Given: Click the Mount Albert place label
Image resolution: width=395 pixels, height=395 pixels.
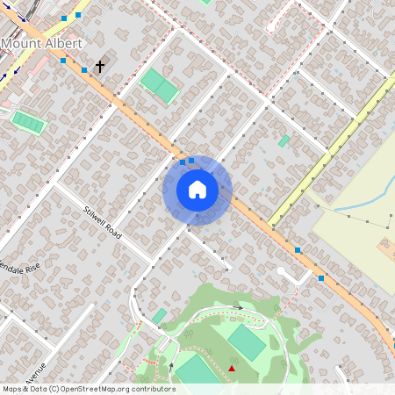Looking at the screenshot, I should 42,43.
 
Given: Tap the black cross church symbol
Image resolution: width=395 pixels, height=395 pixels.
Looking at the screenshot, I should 99,66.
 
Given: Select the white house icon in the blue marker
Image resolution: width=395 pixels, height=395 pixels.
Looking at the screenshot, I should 197,190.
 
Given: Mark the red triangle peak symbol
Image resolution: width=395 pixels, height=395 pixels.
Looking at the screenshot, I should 232,368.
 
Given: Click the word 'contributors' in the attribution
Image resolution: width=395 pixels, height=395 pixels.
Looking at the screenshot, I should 152,389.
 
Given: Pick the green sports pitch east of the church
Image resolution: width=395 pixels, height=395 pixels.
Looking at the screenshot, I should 160,86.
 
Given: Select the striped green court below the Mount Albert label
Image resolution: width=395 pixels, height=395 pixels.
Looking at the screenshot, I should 28,122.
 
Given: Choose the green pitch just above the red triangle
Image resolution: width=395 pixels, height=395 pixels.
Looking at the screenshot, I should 247,342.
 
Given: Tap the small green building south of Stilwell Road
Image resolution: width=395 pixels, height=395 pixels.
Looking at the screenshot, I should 159,315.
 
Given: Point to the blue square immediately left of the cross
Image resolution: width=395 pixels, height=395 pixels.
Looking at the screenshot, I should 84,69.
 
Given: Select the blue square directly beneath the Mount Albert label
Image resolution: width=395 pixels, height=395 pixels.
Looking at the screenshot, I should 63,61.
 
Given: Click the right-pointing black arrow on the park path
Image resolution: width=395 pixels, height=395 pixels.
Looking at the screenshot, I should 237,307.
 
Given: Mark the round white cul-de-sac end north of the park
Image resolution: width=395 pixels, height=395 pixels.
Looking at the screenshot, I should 280,272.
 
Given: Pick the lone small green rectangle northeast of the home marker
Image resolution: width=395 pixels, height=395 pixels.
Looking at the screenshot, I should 284,140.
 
